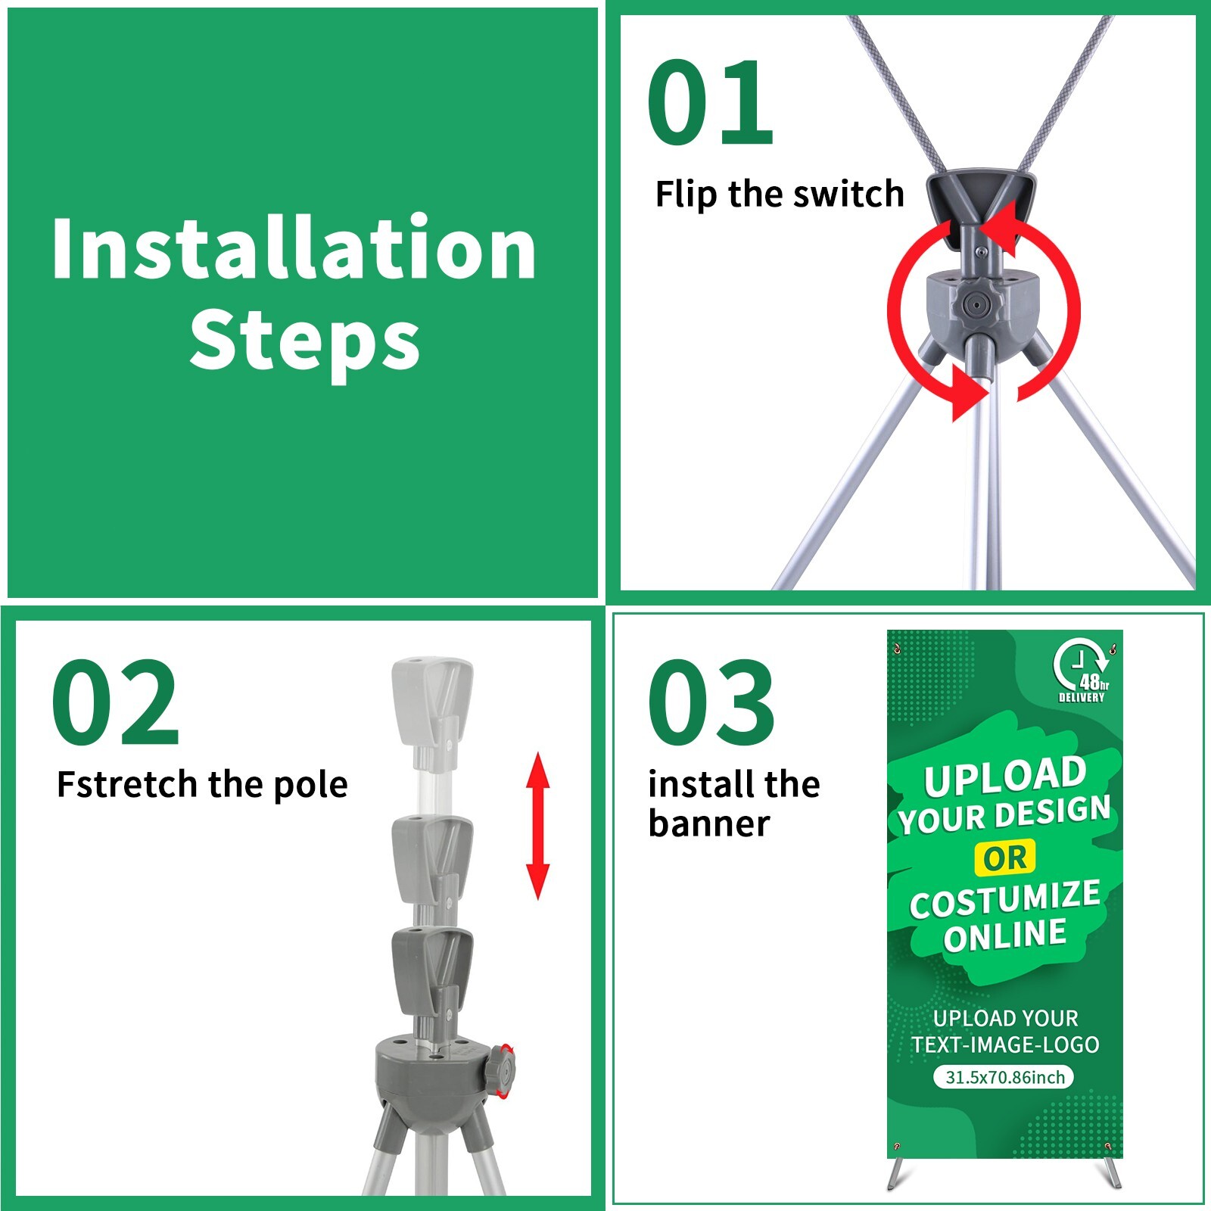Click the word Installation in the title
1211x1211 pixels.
point(294,249)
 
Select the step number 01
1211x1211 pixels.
point(710,103)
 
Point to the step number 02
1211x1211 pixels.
point(115,702)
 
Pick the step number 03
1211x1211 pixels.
point(711,702)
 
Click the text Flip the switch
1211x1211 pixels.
point(780,195)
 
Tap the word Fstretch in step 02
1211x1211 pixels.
point(129,784)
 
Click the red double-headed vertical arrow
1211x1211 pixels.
point(537,826)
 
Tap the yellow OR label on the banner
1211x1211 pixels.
point(1005,858)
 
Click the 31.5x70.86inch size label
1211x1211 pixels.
point(1004,1076)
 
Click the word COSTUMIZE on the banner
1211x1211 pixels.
point(1005,899)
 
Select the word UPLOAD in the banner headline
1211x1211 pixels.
point(1004,777)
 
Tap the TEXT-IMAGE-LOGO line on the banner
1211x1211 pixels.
point(1005,1045)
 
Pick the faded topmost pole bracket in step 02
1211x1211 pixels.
point(432,703)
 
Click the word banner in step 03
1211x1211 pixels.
point(708,823)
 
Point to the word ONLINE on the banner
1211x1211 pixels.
point(1004,935)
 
